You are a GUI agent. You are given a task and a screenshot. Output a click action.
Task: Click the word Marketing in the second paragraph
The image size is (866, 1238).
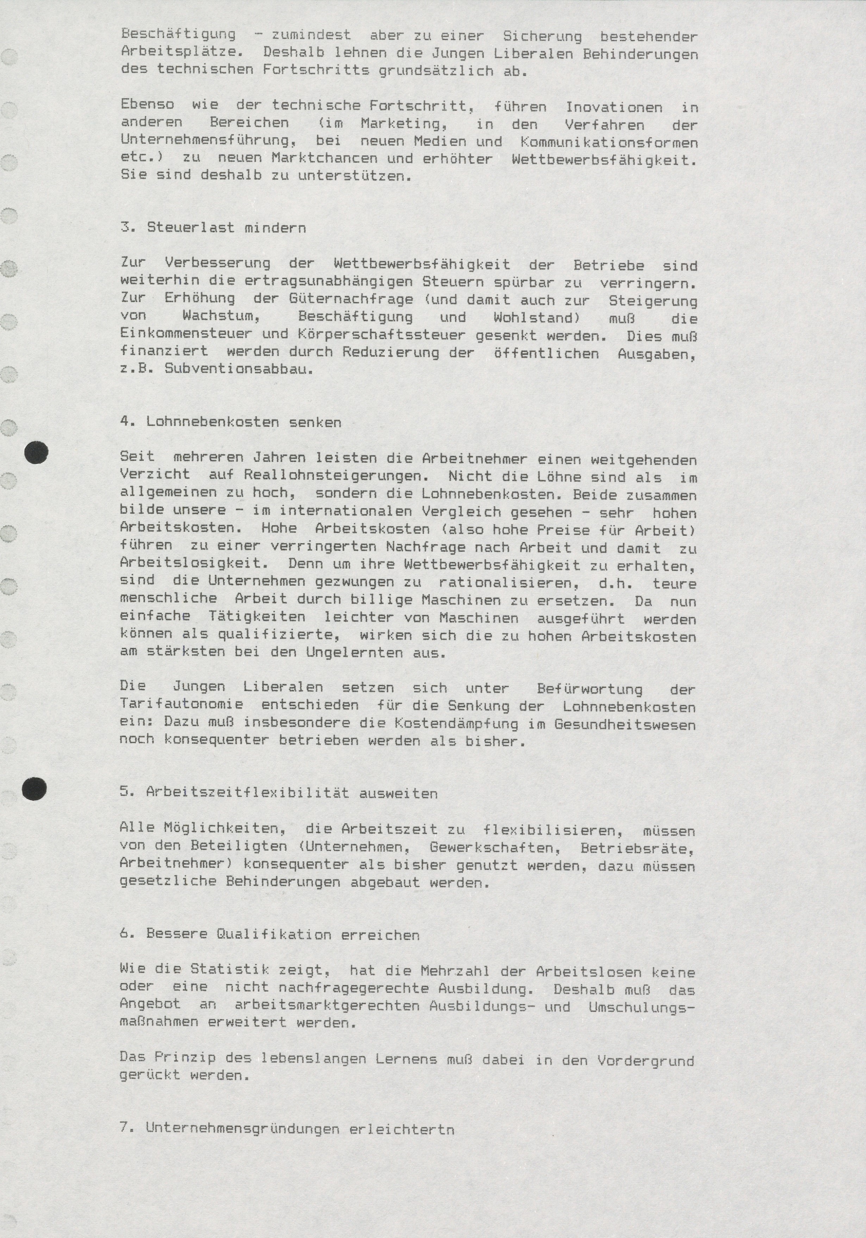click(x=403, y=124)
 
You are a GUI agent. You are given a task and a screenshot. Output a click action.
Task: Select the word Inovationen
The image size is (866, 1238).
click(x=614, y=107)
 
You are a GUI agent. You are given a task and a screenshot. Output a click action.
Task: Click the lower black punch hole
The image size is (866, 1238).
click(x=34, y=789)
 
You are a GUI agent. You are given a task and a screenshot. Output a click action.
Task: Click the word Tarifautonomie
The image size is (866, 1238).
click(x=181, y=705)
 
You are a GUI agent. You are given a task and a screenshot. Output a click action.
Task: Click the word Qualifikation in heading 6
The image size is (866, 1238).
click(x=274, y=935)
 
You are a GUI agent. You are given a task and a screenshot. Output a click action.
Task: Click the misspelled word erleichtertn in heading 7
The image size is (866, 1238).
click(x=401, y=1128)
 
